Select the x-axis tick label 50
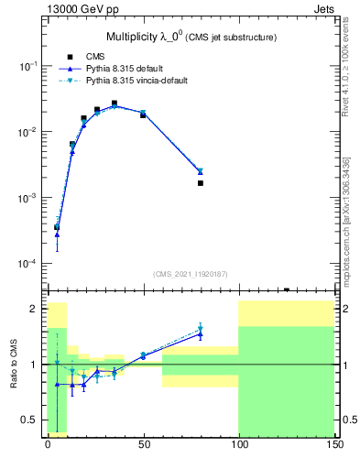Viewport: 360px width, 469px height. [143, 442]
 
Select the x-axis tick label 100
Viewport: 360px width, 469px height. [239, 442]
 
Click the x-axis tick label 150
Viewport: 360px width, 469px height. [334, 442]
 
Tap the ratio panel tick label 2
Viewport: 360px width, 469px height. [35, 309]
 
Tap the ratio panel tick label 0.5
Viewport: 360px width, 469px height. [30, 420]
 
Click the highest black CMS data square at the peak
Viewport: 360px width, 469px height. [115, 104]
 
